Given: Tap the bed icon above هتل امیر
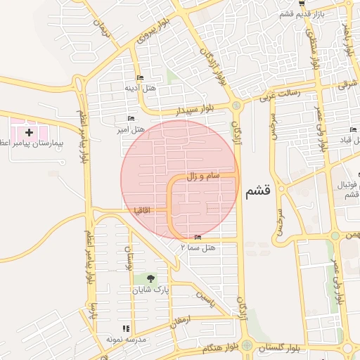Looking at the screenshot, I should tap(130, 118).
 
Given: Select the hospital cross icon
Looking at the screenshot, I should tap(29, 131).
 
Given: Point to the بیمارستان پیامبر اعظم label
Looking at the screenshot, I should tap(39, 143).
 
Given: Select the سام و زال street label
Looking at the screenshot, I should tap(203, 175).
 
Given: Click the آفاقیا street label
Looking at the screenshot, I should tap(142, 210).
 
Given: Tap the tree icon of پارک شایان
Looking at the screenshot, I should tap(147, 279).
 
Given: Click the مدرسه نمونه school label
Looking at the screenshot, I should tap(126, 339).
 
